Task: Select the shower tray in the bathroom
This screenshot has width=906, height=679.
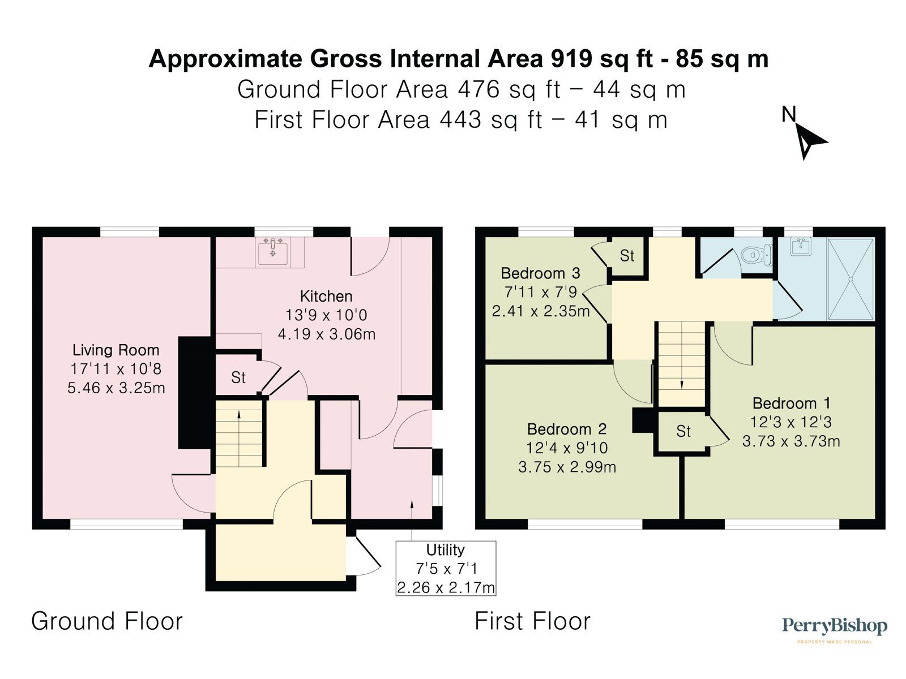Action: tap(851, 280)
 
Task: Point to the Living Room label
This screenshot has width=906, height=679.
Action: tap(116, 350)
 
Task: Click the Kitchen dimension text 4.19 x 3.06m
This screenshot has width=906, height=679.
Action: tap(326, 334)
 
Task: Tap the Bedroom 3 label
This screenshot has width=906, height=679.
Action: tap(540, 274)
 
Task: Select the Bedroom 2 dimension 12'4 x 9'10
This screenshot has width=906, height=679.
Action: tap(567, 448)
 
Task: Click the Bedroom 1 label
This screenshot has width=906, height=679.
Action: tap(791, 403)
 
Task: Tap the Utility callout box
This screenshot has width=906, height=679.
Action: tap(446, 568)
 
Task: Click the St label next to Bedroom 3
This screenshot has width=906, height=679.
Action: tap(627, 256)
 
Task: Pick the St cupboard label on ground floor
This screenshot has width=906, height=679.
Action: tap(238, 377)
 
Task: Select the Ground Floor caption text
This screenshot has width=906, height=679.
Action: tap(107, 621)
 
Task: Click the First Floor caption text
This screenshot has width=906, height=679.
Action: tap(532, 621)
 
